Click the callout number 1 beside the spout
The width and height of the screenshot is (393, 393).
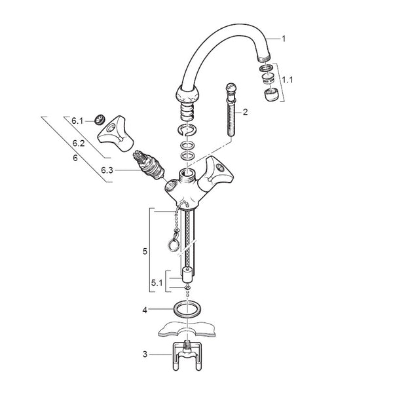click(284, 39)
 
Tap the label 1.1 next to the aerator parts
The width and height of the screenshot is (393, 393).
click(288, 80)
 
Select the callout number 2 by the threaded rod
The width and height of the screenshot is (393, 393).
click(245, 112)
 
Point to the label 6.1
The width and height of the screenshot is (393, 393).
click(77, 121)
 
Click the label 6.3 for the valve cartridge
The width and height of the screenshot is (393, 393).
click(107, 170)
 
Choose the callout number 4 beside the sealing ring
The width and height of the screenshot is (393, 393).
click(145, 310)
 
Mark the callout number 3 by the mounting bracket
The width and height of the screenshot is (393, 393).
click(145, 354)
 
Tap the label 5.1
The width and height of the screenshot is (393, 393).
click(157, 283)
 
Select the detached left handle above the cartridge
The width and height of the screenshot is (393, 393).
click(115, 134)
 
